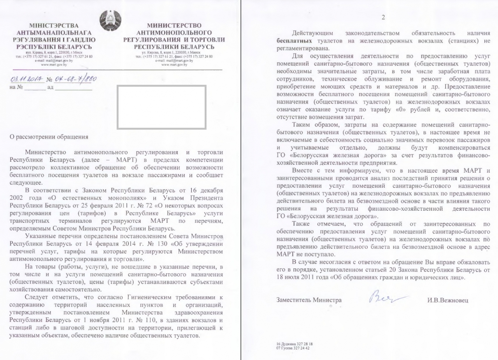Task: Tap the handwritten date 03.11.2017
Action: coord(25,79)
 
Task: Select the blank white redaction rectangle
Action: coord(161,107)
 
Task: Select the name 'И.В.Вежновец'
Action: coord(447,300)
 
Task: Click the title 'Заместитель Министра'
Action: coord(309,300)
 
